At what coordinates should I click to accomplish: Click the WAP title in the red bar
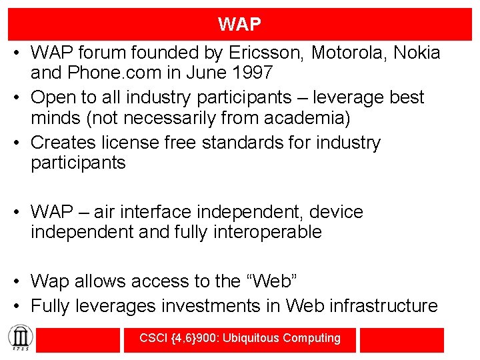[239, 25]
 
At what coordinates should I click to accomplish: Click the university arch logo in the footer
[17, 338]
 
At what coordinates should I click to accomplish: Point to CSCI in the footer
[154, 338]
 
